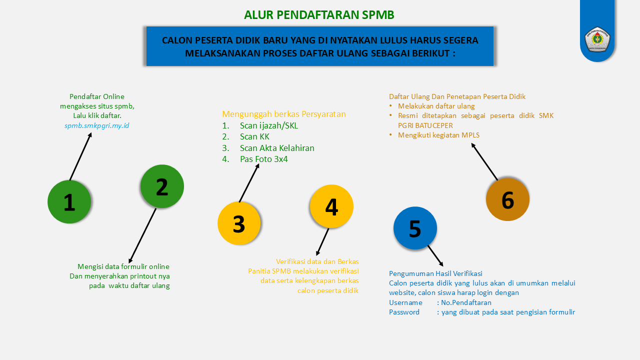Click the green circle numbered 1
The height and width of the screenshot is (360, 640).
69,201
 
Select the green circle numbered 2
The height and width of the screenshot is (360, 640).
162,186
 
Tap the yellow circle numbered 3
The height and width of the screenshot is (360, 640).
239,223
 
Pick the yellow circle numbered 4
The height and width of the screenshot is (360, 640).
331,206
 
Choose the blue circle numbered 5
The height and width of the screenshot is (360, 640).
415,228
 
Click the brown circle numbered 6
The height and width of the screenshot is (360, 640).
507,199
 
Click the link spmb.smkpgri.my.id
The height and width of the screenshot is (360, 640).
97,125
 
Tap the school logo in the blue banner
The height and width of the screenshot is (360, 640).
597,39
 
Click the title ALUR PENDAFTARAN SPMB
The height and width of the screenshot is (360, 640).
319,15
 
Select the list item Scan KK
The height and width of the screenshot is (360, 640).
254,136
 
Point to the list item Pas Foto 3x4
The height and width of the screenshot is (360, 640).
263,159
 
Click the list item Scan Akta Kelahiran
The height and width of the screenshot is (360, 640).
277,148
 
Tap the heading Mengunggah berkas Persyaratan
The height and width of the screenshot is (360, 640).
283,114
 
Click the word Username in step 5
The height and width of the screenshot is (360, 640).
405,302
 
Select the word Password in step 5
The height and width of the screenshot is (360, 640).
404,312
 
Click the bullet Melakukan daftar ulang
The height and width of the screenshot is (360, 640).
436,106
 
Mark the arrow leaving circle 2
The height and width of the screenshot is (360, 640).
142,235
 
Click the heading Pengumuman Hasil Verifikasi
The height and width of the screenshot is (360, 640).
435,273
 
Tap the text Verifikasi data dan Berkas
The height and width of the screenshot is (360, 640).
317,261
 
